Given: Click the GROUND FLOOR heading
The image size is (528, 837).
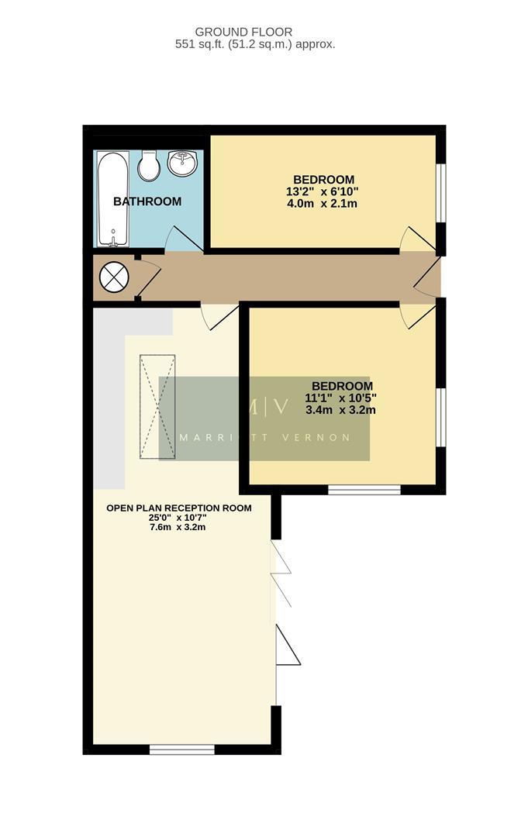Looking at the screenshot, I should pyautogui.click(x=243, y=32).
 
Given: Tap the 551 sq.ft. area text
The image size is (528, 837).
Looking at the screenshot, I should pyautogui.click(x=255, y=44).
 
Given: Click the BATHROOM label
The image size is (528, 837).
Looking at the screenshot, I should pyautogui.click(x=147, y=201).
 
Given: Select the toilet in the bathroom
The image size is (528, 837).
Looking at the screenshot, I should pyautogui.click(x=149, y=165).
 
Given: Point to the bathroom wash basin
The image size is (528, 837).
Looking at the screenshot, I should pyautogui.click(x=185, y=163).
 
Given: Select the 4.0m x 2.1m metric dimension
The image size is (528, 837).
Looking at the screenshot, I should pyautogui.click(x=322, y=205).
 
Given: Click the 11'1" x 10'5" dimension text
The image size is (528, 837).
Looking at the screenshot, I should pyautogui.click(x=341, y=398).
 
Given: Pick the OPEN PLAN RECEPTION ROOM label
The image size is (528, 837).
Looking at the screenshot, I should pyautogui.click(x=179, y=508).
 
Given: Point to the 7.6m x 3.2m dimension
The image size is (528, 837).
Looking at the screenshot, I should pyautogui.click(x=178, y=527).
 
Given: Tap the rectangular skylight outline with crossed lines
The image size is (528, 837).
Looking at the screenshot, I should pyautogui.click(x=157, y=406).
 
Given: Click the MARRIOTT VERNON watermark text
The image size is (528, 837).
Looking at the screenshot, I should pyautogui.click(x=264, y=437).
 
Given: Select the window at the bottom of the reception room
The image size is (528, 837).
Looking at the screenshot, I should pyautogui.click(x=181, y=749).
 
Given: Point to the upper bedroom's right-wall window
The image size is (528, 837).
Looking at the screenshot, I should pyautogui.click(x=440, y=193).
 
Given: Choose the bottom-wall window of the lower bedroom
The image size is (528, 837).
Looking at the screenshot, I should pyautogui.click(x=364, y=490).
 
